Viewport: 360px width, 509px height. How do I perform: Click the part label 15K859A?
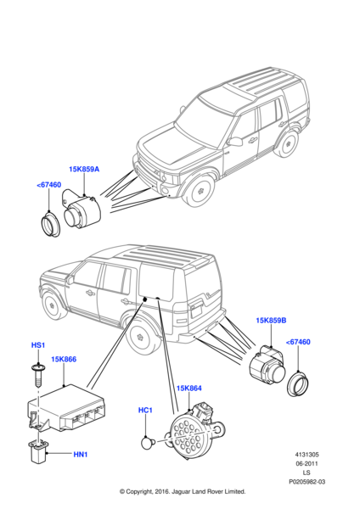pyautogui.click(x=84, y=169)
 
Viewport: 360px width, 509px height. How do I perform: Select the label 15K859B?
pyautogui.click(x=271, y=321)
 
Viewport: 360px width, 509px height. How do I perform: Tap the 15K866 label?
pyautogui.click(x=64, y=359)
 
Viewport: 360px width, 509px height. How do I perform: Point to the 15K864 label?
pyautogui.click(x=189, y=388)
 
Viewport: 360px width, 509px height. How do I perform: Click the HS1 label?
pyautogui.click(x=38, y=345)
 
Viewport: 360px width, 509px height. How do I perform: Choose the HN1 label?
pyautogui.click(x=81, y=455)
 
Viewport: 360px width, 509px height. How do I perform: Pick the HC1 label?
pyautogui.click(x=145, y=410)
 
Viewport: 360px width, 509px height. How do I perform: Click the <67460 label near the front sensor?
pyautogui.click(x=48, y=185)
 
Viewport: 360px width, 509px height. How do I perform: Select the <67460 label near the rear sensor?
pyautogui.click(x=298, y=342)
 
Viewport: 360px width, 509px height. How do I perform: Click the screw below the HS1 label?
pyautogui.click(x=38, y=375)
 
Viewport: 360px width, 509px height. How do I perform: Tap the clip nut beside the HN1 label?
pyautogui.click(x=38, y=450)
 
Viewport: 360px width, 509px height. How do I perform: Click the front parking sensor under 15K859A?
pyautogui.click(x=82, y=210)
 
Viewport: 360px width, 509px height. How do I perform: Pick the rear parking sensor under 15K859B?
pyautogui.click(x=267, y=366)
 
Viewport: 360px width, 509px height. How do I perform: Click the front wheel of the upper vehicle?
pyautogui.click(x=199, y=191)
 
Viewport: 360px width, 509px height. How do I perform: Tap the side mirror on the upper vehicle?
pyautogui.click(x=234, y=142)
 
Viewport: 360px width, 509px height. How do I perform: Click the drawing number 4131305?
pyautogui.click(x=307, y=455)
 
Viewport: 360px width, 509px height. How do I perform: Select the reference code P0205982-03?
pyautogui.click(x=307, y=482)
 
